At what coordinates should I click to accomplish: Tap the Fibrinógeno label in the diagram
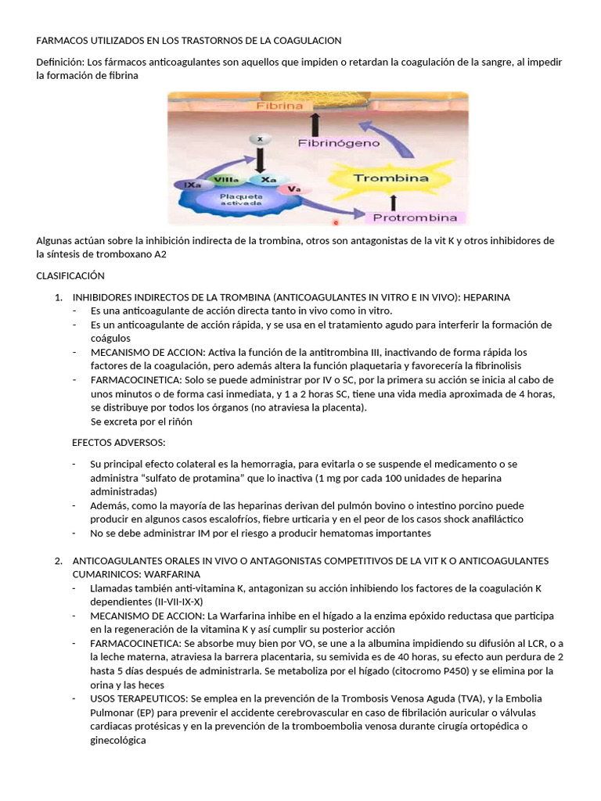click(x=339, y=143)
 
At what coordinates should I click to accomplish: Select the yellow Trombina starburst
click(x=390, y=178)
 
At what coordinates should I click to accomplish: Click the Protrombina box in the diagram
click(x=419, y=217)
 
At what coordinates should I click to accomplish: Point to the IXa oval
click(x=191, y=185)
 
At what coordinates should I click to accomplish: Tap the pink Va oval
click(x=294, y=189)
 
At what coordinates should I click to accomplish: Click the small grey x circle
click(x=259, y=138)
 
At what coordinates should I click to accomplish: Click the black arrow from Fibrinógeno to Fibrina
click(x=315, y=122)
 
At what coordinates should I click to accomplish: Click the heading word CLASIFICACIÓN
click(x=70, y=275)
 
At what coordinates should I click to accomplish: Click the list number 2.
click(x=58, y=561)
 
